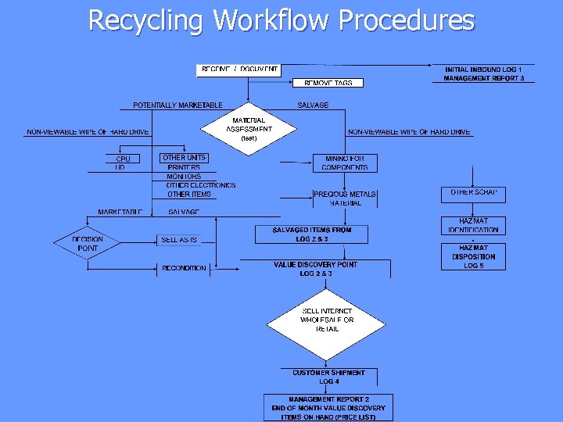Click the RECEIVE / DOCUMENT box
(238, 70)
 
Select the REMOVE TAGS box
(328, 82)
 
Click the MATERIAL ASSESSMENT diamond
(249, 127)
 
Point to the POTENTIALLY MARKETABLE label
(178, 105)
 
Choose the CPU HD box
(122, 163)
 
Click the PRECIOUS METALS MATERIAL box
(344, 198)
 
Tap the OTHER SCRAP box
(474, 192)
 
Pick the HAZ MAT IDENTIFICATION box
(473, 225)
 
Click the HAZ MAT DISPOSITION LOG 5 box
(473, 256)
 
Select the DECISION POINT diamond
(88, 244)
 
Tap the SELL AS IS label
(179, 240)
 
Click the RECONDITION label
(184, 268)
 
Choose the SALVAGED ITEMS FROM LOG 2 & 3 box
(311, 234)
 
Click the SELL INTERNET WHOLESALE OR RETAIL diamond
(327, 320)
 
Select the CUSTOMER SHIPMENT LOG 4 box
(328, 377)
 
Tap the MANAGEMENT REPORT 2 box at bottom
(328, 407)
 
